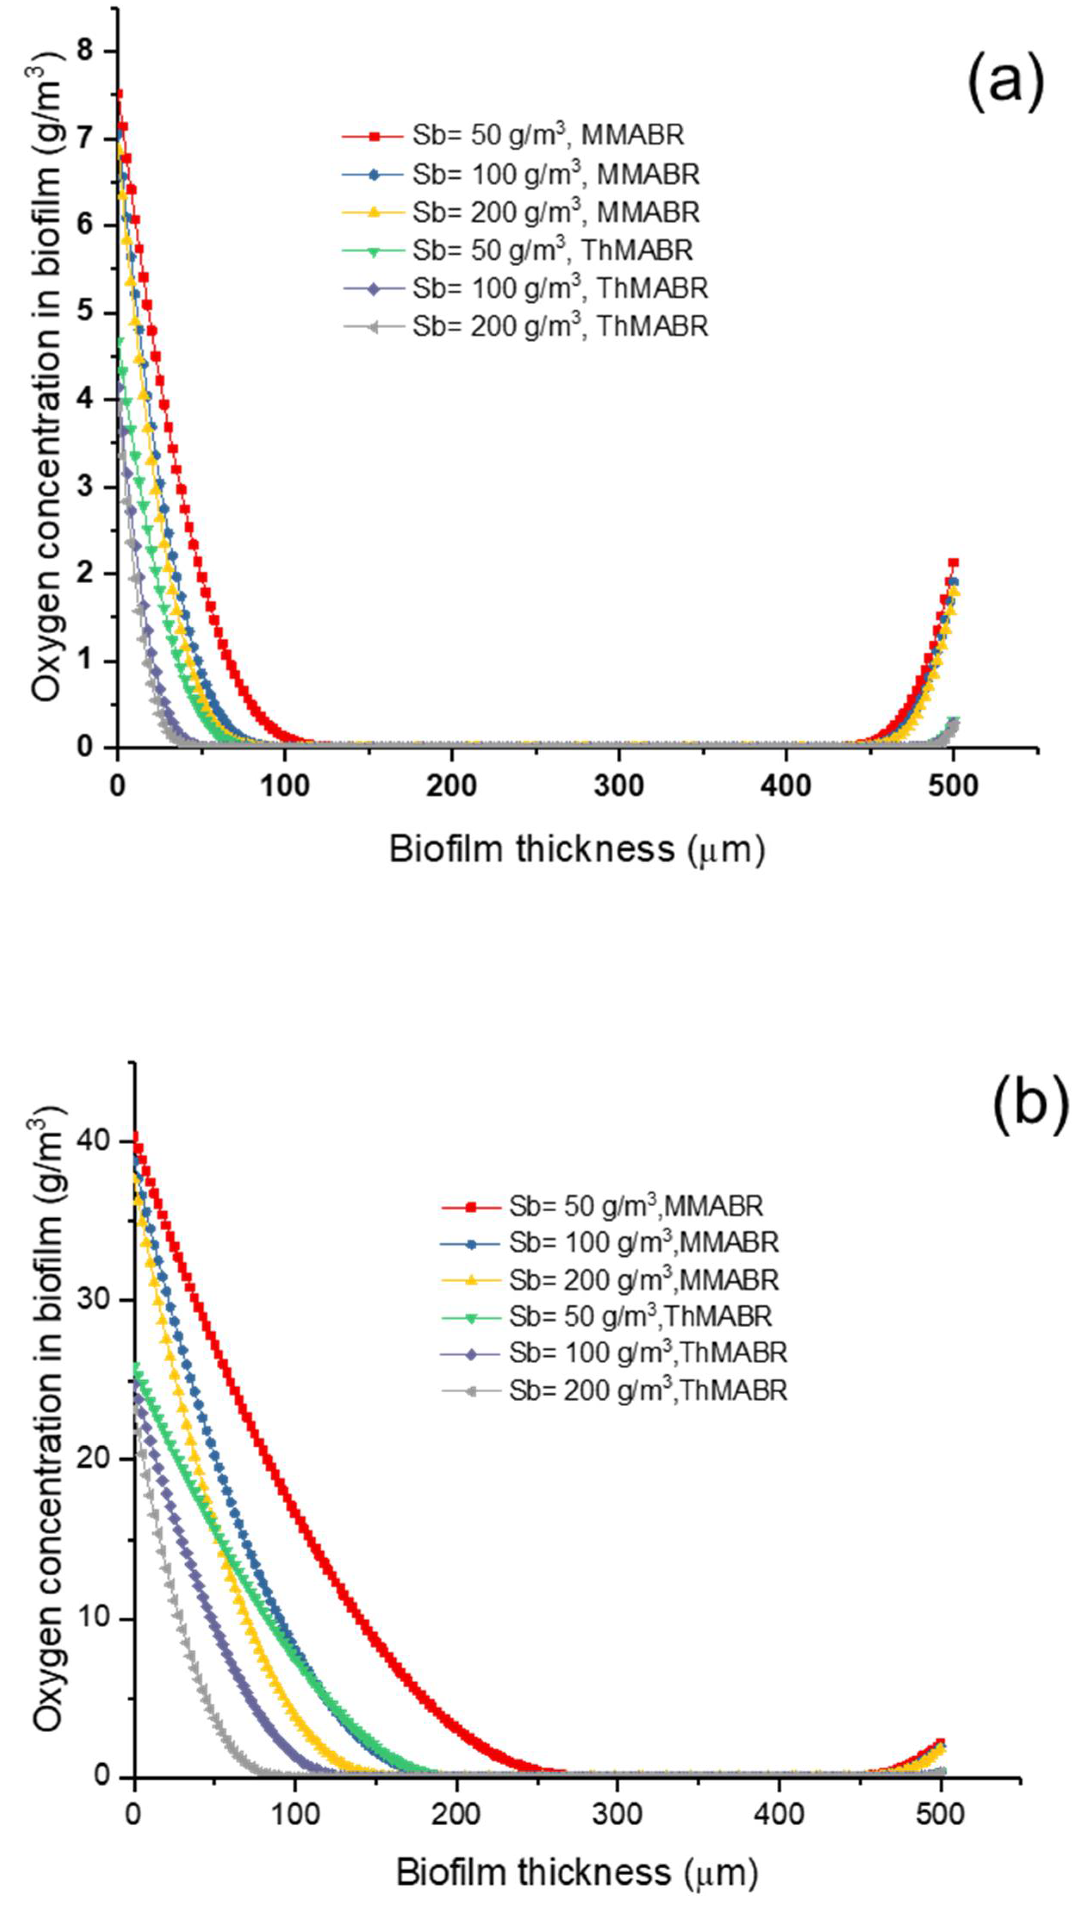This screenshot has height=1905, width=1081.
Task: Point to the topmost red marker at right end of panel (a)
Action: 953,563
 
